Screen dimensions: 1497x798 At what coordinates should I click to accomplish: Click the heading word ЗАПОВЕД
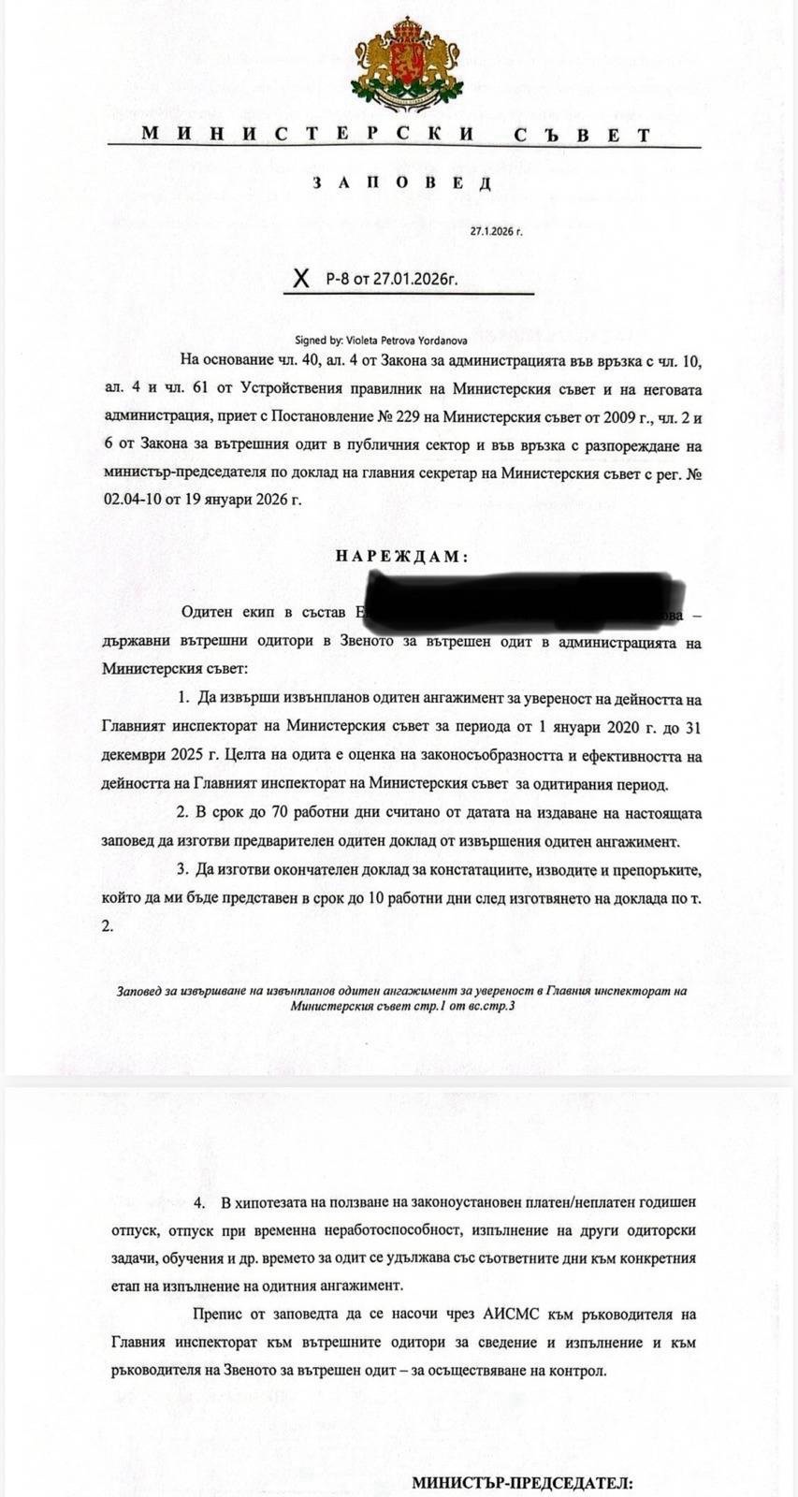402,182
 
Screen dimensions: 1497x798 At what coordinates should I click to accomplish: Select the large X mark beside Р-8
300,279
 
